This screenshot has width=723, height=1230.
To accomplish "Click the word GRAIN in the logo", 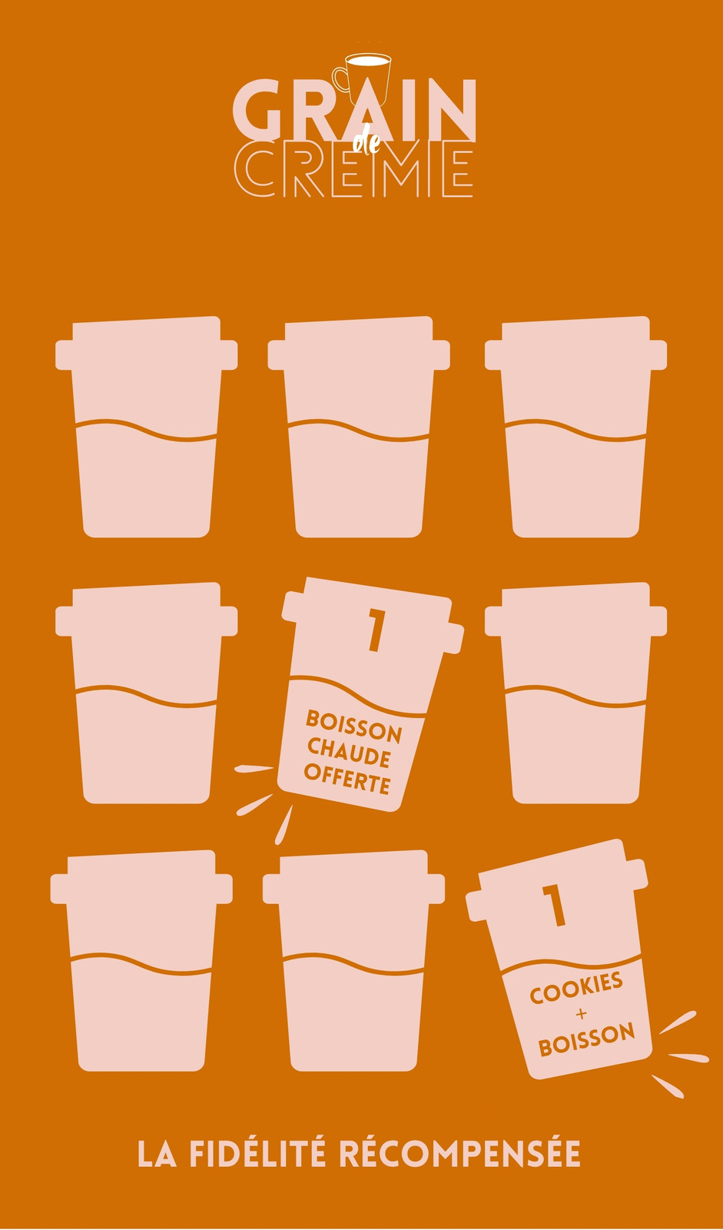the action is pos(354,111).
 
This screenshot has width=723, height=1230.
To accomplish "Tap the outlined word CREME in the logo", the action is pos(354,169).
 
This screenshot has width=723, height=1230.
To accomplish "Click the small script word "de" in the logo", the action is pos(366,143).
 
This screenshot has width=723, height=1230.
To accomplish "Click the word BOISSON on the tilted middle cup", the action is pos(353,726).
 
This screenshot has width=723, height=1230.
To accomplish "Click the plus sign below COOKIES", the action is pos(582,1014).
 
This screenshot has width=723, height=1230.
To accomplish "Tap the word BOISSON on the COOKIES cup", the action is pos(586,1039).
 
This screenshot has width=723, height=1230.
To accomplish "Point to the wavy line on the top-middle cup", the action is pos(359,430).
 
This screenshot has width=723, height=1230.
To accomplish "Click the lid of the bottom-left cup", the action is pos(141,877).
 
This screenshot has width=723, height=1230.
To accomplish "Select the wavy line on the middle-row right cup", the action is pos(575,696).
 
